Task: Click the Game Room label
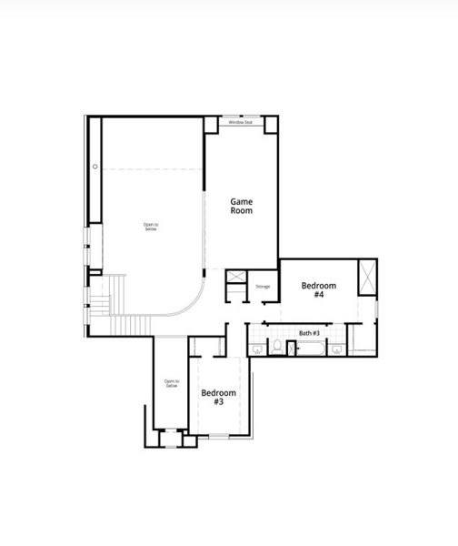point(241,206)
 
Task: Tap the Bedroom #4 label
point(319,290)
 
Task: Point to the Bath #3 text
point(309,333)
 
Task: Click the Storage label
point(263,287)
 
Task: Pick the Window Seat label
point(241,122)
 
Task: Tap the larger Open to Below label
point(150,227)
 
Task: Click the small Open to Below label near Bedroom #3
point(171,384)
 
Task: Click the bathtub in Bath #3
point(309,347)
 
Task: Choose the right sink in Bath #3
point(336,347)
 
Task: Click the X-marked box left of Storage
point(235,278)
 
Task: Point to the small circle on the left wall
point(95,167)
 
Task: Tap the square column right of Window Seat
point(270,125)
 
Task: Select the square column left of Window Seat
point(213,125)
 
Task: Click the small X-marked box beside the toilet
point(291,347)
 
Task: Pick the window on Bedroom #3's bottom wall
point(219,436)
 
